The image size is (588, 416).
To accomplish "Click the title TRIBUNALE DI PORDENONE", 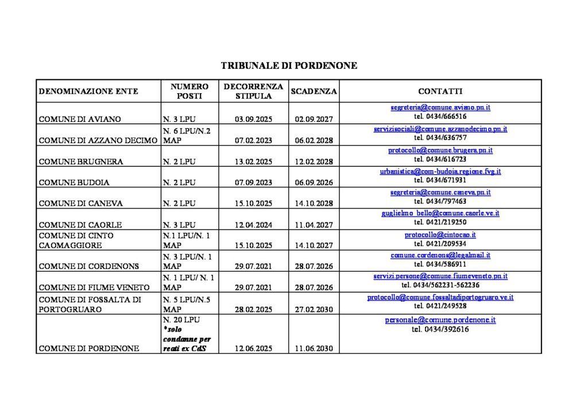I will pyautogui.click(x=289, y=66).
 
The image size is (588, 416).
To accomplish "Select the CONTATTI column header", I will pyautogui.click(x=440, y=91).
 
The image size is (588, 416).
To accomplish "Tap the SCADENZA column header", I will pyautogui.click(x=314, y=91).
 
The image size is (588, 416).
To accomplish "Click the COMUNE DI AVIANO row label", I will pyautogui.click(x=80, y=120).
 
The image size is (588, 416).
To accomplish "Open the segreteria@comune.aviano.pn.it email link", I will pyautogui.click(x=440, y=107).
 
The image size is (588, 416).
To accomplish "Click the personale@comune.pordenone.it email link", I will pyautogui.click(x=440, y=320).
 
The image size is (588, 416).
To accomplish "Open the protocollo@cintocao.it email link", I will pyautogui.click(x=440, y=235).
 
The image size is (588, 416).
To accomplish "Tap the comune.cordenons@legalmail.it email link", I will pyautogui.click(x=440, y=255).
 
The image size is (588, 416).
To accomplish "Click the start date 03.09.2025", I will pyautogui.click(x=253, y=120).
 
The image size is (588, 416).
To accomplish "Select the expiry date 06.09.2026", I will pyautogui.click(x=314, y=183).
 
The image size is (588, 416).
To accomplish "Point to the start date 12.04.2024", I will pyautogui.click(x=253, y=225).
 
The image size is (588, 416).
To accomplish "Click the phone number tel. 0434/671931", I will pyautogui.click(x=440, y=180).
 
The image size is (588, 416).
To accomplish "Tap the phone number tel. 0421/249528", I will pyautogui.click(x=440, y=306).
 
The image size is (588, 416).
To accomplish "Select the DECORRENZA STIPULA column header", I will pyautogui.click(x=253, y=91).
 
